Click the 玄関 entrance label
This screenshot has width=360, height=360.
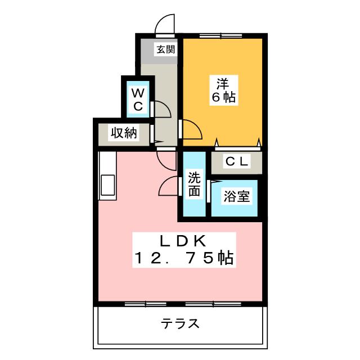pos(165,49)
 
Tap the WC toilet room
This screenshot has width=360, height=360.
pos(139,98)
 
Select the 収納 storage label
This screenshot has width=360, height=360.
pos(123,133)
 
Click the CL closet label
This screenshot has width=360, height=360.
pos(236,161)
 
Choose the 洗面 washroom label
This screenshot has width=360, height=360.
pos(194,184)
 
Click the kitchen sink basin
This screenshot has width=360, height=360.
pos(106,185)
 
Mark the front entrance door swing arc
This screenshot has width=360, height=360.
pos(164,23)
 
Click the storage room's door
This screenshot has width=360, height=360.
pos(152,134)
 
